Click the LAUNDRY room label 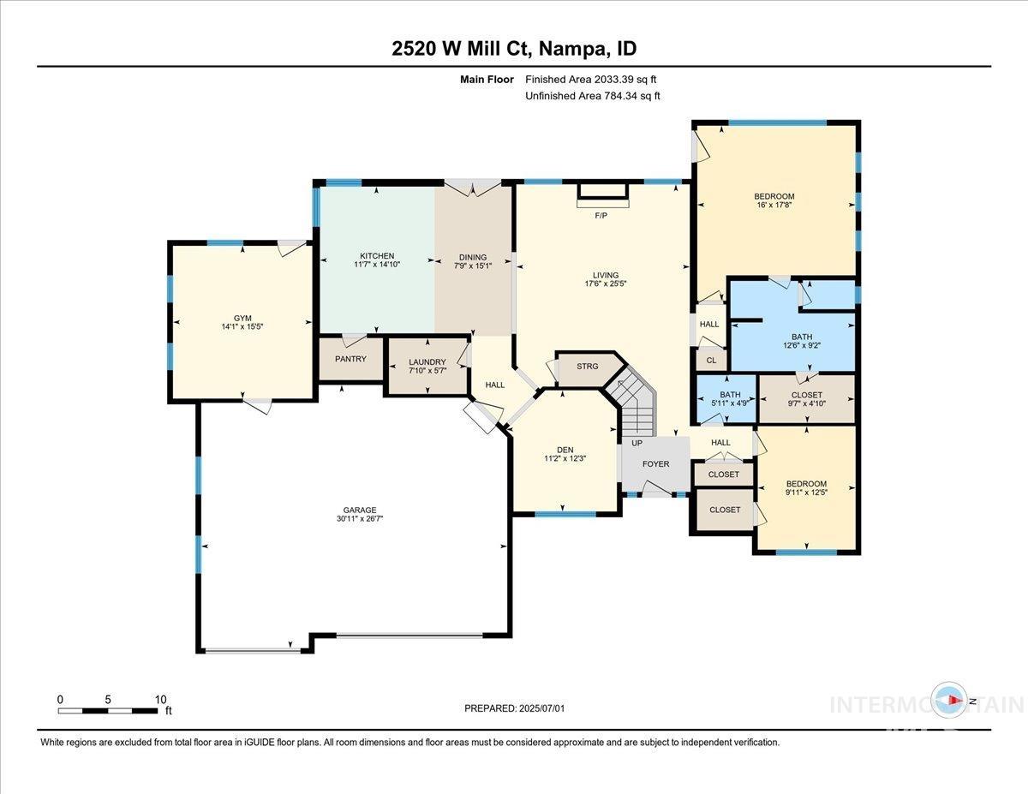pos(427,362)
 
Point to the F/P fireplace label pos(601,215)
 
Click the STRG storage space pos(588,367)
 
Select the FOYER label pos(656,464)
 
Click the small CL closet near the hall pos(711,361)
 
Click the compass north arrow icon pos(949,701)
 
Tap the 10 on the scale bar pos(160,699)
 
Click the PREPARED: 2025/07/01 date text pos(514,708)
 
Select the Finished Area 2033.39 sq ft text pos(591,80)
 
